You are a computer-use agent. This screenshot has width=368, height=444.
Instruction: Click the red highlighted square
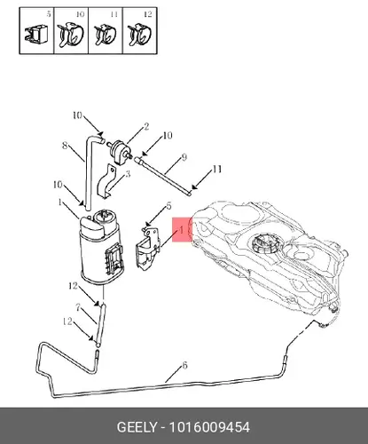click(x=182, y=230)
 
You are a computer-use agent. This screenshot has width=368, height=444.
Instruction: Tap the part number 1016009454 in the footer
click(x=209, y=427)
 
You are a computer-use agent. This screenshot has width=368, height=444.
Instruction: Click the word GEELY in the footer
click(x=137, y=427)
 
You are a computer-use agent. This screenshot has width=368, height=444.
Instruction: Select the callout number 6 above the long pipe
click(x=184, y=366)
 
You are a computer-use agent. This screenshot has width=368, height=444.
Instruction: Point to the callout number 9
click(x=184, y=157)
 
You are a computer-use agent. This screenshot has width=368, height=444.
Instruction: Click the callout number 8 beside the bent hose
click(x=65, y=146)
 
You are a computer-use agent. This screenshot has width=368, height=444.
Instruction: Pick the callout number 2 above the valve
click(x=146, y=127)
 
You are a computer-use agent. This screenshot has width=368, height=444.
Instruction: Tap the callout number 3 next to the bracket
click(x=128, y=174)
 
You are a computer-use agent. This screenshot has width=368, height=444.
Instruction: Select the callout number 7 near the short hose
click(x=78, y=308)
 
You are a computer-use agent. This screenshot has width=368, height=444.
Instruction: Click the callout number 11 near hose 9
click(x=217, y=170)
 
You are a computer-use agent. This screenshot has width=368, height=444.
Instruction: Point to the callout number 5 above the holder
click(x=168, y=206)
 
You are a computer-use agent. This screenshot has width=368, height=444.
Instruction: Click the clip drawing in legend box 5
click(x=36, y=34)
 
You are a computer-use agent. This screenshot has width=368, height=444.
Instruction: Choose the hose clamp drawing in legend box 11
click(x=106, y=35)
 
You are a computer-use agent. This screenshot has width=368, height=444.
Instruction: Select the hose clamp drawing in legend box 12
click(x=139, y=35)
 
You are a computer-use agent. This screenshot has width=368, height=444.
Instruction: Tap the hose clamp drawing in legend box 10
click(x=70, y=35)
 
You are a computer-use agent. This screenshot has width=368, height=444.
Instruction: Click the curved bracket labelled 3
click(x=106, y=181)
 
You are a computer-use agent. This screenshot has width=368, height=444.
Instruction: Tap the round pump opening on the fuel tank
click(x=264, y=243)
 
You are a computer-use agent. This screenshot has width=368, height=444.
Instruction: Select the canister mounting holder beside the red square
click(x=148, y=248)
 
